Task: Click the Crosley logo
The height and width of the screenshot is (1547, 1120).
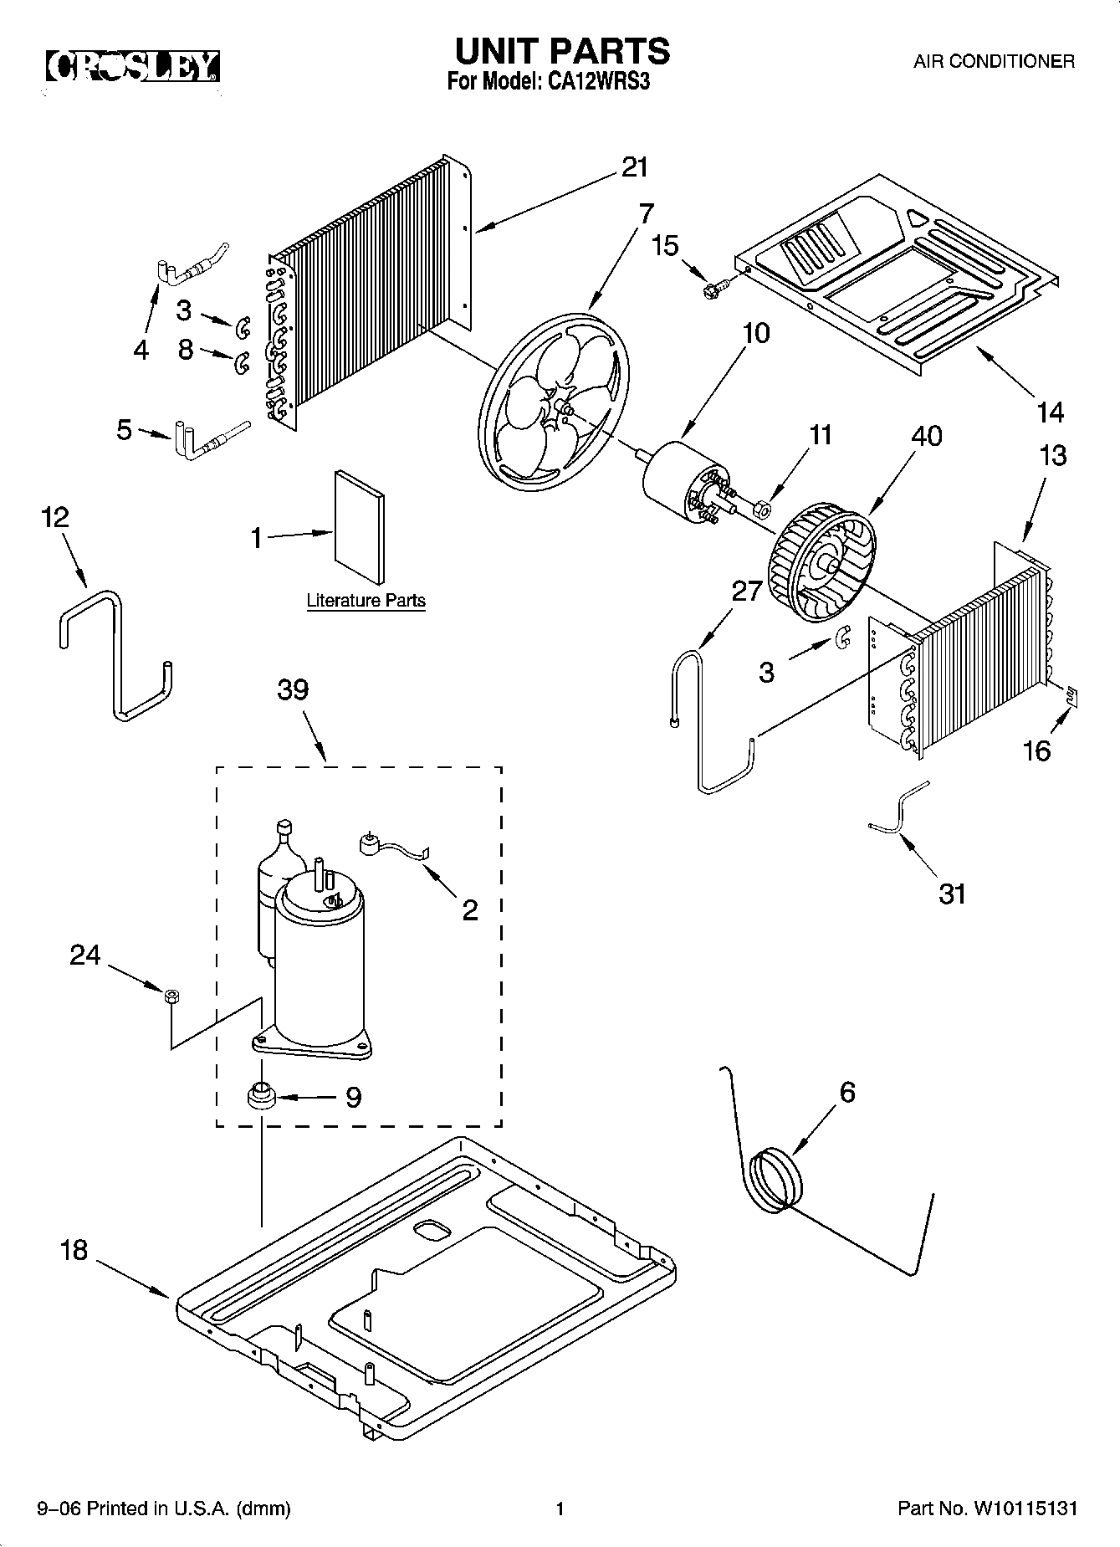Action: pyautogui.click(x=132, y=66)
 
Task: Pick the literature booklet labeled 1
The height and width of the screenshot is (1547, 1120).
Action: pyautogui.click(x=360, y=526)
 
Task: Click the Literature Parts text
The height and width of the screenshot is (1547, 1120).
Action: pyautogui.click(x=366, y=601)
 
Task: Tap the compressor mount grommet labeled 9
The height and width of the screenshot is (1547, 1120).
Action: pyautogui.click(x=261, y=1094)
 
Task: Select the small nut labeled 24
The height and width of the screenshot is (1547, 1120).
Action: pyautogui.click(x=170, y=996)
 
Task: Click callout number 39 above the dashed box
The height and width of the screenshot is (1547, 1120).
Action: pyautogui.click(x=293, y=689)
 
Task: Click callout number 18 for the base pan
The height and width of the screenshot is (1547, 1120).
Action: pyautogui.click(x=74, y=1250)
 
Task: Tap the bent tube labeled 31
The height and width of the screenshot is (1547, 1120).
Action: pyautogui.click(x=899, y=811)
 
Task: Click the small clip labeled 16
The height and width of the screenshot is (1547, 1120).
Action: pyautogui.click(x=1071, y=693)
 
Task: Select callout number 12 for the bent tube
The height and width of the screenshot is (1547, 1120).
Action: pyautogui.click(x=54, y=517)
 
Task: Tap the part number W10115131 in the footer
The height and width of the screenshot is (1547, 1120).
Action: pyautogui.click(x=1022, y=1509)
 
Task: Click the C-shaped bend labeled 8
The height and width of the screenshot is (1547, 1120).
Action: pyautogui.click(x=241, y=361)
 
